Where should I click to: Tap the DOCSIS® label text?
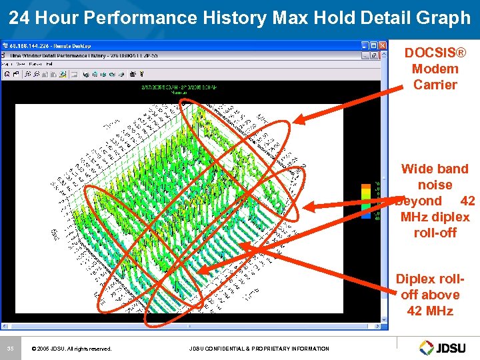point(435,53)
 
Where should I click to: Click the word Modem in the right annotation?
point(435,69)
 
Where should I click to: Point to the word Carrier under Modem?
point(435,85)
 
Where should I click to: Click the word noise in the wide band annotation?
point(435,185)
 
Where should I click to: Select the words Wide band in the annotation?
point(435,169)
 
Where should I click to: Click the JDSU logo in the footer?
point(445,347)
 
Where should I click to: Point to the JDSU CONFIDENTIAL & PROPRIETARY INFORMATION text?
point(259,349)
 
